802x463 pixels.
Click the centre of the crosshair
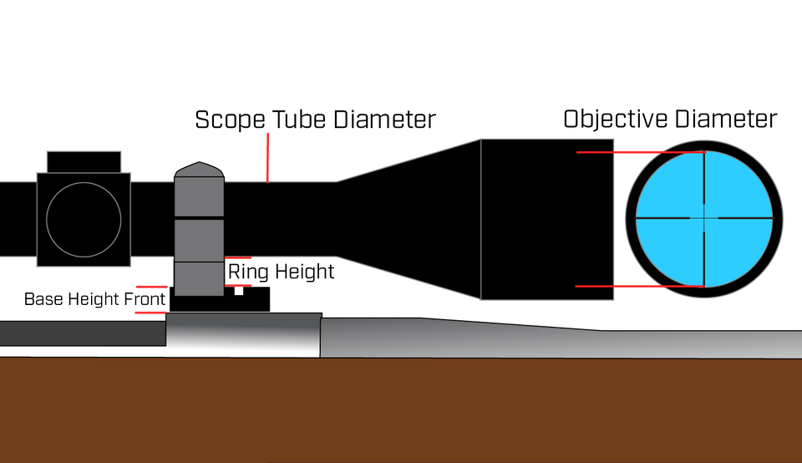[704, 217]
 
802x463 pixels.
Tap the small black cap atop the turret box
[83, 161]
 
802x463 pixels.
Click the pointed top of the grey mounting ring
[198, 170]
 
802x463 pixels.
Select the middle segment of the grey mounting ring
[199, 241]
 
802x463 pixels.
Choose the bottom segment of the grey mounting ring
[199, 278]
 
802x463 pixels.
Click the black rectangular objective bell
[546, 219]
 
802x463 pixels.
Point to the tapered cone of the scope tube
[409, 219]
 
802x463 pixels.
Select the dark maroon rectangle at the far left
[21, 159]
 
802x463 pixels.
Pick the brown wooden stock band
[401, 410]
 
